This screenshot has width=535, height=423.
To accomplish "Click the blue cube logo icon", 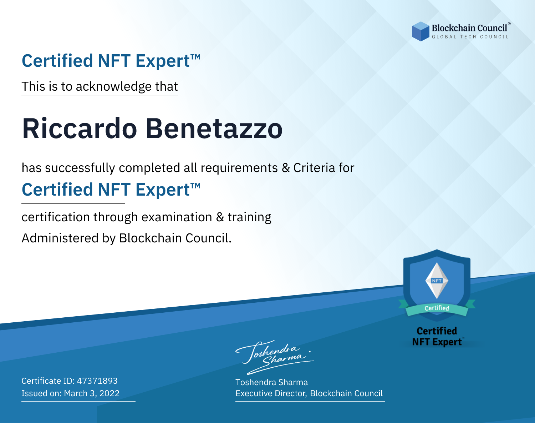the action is coord(421,31).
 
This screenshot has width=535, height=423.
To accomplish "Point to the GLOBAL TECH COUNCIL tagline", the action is coord(470,37).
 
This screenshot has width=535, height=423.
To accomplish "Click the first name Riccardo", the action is coord(80,129).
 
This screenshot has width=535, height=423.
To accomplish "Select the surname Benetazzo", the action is coord(214,129).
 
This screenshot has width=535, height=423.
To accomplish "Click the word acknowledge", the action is coord(114,87).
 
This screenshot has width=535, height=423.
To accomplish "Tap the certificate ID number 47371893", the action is coord(97,381).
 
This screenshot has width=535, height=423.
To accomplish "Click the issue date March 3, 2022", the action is coord(92,393).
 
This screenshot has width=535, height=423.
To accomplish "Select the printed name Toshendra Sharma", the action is coord(271,382).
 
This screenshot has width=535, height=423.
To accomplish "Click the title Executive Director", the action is coord(270,393).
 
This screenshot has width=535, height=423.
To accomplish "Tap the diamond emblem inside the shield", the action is coord(437,281).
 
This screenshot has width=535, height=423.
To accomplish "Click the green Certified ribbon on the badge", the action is coord(437,308).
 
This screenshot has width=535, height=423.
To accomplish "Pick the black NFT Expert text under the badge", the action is coord(437,342).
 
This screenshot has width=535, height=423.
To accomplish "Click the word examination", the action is coord(177,217).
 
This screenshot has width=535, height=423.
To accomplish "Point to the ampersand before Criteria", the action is coord(286,168).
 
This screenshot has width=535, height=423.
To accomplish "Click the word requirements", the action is coord(239,168).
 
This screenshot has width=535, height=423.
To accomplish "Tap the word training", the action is coord(249,217).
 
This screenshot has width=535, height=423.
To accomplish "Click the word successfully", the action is coord(80,168).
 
